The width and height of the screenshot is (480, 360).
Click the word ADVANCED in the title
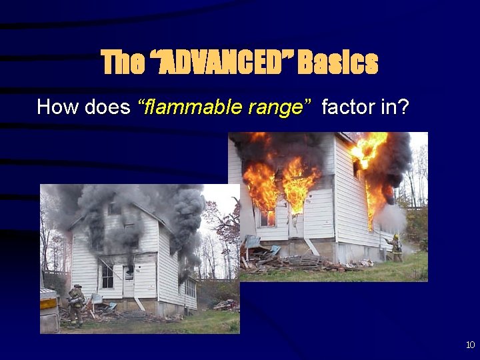[x=225, y=63]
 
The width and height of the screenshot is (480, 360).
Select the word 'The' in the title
[x=123, y=63]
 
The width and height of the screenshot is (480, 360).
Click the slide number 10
[x=470, y=345]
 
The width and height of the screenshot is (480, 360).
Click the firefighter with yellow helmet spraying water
[x=395, y=247]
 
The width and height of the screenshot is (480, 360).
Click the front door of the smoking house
[x=129, y=281]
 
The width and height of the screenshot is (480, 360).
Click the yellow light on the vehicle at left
[x=49, y=304]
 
